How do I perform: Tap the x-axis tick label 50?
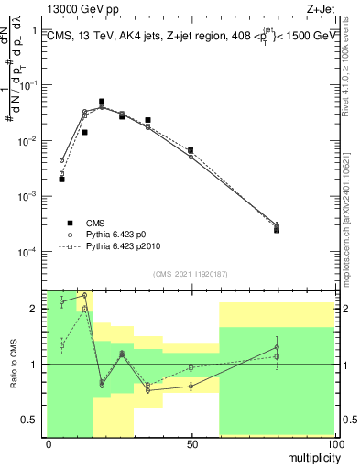click(x=191, y=444)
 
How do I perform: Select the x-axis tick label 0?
click(x=49, y=444)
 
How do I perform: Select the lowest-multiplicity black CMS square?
click(x=61, y=180)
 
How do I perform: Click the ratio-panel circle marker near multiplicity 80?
click(x=277, y=346)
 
